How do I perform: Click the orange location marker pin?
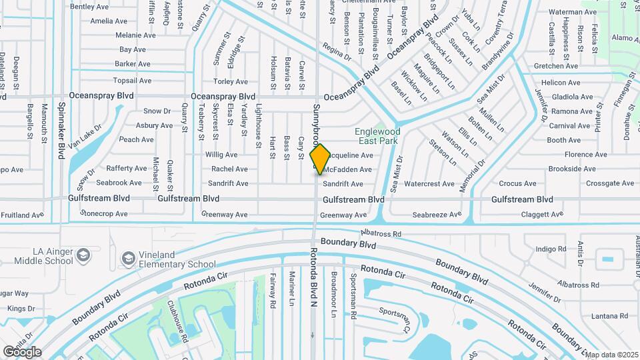click(x=321, y=159)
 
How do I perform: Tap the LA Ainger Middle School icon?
click(x=83, y=255)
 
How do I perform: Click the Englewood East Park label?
click(x=377, y=137)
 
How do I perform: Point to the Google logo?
click(x=22, y=352)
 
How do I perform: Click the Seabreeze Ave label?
click(x=436, y=215)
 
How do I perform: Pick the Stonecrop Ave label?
click(x=103, y=214)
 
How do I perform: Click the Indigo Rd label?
click(x=550, y=249)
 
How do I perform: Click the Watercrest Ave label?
click(x=429, y=183)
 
